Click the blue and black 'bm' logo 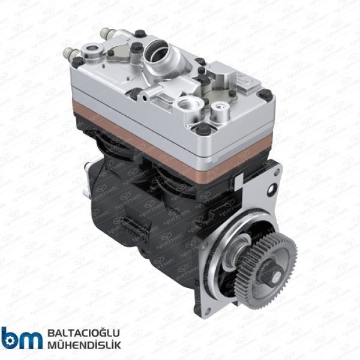(x=22, y=338)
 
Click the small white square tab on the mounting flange (x=243, y=176)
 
